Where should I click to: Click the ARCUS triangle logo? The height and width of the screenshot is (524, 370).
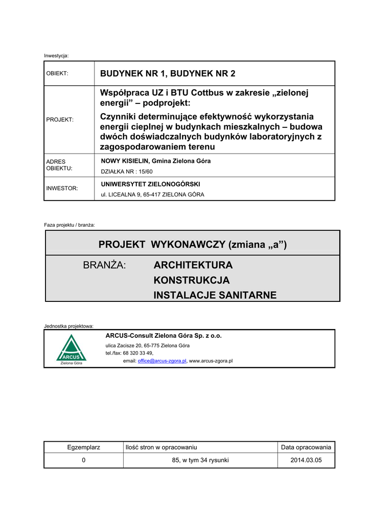[72, 350]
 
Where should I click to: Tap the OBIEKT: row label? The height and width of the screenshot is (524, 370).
[57, 74]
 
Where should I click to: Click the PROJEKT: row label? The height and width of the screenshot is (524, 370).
[60, 120]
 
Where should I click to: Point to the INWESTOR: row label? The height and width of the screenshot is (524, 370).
[62, 189]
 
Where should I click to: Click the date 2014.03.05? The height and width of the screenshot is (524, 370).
[306, 461]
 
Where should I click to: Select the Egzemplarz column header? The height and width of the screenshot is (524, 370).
[84, 448]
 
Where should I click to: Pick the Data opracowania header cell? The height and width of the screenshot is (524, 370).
[306, 448]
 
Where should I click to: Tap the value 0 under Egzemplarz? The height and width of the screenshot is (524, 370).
[84, 461]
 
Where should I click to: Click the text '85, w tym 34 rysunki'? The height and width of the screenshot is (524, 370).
[200, 461]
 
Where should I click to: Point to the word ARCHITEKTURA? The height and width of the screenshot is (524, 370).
[193, 266]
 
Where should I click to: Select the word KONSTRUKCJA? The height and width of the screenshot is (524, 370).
[192, 280]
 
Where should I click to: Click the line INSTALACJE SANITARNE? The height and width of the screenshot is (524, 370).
[215, 295]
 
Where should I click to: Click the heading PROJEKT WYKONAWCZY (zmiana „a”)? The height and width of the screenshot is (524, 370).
[193, 245]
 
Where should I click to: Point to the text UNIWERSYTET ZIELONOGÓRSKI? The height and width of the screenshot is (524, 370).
[151, 184]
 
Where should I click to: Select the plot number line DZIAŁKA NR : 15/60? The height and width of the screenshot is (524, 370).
[127, 171]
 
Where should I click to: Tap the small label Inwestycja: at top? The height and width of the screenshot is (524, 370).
[56, 55]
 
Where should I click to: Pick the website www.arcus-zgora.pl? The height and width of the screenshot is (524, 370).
[211, 361]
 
